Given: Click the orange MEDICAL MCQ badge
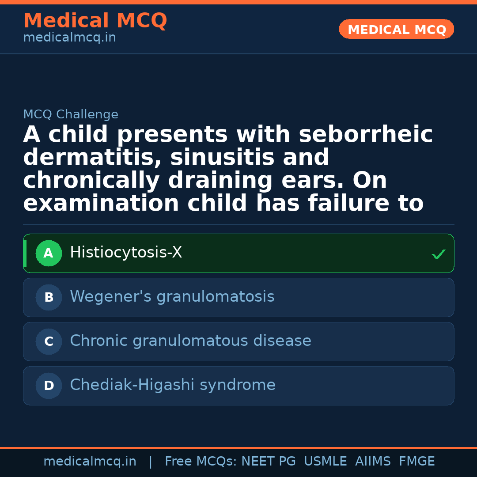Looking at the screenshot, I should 396,29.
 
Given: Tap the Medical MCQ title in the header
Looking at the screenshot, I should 95,21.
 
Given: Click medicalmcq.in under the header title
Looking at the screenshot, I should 69,38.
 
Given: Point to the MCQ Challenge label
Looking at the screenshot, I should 71,114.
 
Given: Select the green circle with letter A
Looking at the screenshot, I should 49,253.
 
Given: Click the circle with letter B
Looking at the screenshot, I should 49,297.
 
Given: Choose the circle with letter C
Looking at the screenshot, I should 49,341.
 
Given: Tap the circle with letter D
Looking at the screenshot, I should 49,386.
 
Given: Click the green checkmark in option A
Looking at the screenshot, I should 438,254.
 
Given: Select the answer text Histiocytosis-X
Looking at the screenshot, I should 126,253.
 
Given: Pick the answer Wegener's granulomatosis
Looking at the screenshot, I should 172,297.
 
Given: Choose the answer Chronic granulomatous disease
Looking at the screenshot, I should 190,341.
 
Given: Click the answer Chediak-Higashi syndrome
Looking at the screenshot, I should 172,385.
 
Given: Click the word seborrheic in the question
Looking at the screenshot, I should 365,135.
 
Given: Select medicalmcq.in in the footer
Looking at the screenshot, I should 90,462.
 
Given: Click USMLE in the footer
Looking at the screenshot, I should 325,462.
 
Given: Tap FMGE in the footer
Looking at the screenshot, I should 416,462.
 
